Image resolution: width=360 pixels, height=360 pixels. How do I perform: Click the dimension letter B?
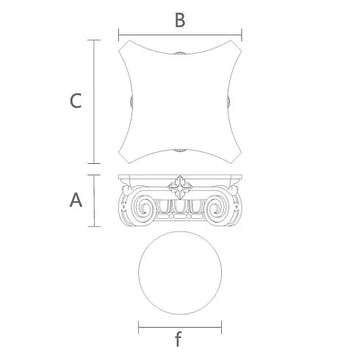tap(180, 20)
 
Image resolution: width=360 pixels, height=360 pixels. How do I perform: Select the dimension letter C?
tap(76, 101)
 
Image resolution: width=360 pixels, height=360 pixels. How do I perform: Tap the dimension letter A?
tap(76, 200)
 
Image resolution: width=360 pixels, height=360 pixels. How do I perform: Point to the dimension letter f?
tap(179, 339)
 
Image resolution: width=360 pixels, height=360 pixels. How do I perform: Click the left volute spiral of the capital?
tap(143, 208)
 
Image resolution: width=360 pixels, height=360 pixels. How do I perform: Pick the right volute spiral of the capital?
tap(217, 208)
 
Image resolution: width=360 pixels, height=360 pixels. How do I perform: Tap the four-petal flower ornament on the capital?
tap(180, 187)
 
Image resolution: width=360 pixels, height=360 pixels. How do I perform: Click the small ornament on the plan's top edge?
tap(180, 53)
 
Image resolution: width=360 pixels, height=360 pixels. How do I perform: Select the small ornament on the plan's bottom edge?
tap(180, 151)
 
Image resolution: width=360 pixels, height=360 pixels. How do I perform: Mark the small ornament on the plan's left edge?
tap(132, 101)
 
